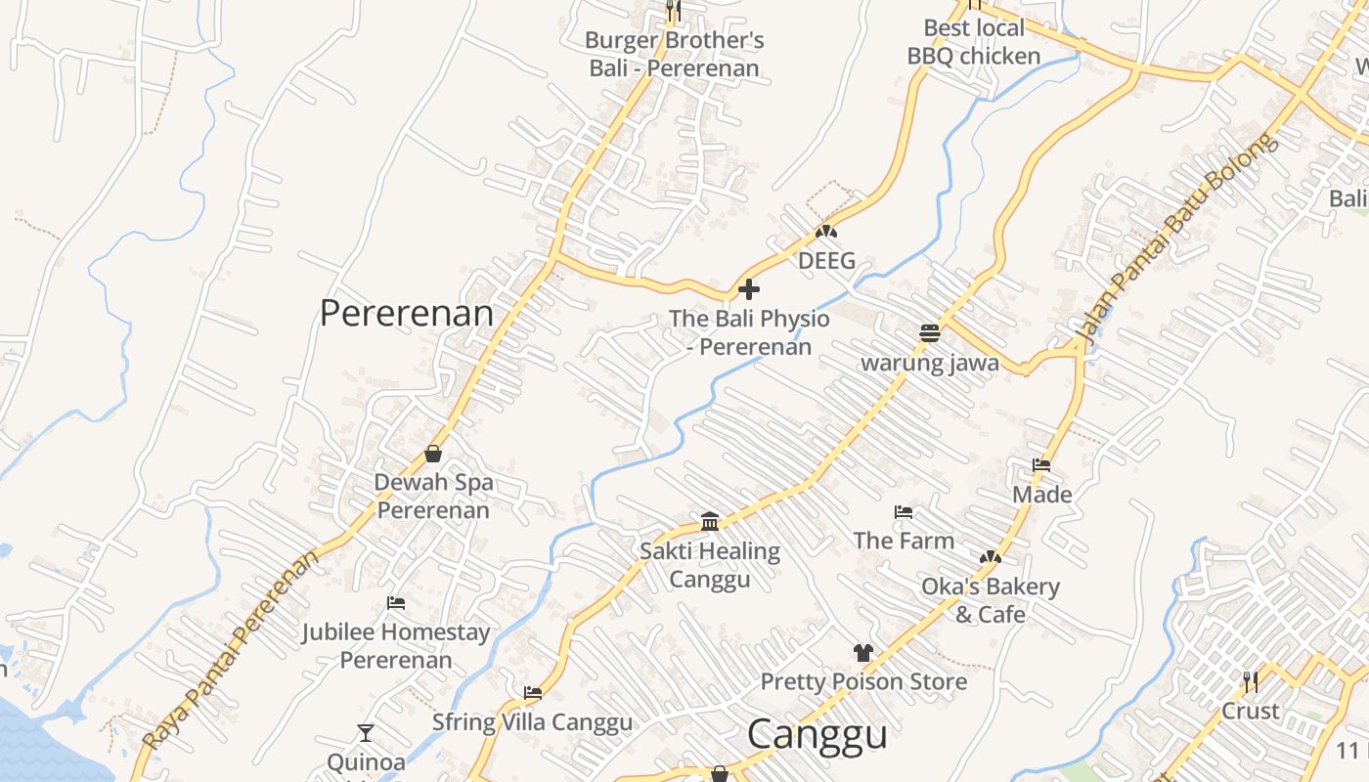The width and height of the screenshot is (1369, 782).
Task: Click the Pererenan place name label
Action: pyautogui.click(x=407, y=314)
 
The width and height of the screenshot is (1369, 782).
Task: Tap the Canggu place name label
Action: pyautogui.click(x=817, y=735)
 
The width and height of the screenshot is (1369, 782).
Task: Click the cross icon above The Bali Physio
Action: pyautogui.click(x=749, y=289)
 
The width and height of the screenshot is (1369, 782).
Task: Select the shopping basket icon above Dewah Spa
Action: pyautogui.click(x=433, y=454)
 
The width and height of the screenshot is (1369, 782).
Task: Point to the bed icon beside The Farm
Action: pyautogui.click(x=904, y=512)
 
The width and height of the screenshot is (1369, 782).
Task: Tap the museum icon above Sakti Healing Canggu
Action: pyautogui.click(x=710, y=521)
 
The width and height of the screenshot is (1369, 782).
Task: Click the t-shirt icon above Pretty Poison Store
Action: pyautogui.click(x=862, y=652)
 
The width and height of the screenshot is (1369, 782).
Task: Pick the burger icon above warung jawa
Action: pyautogui.click(x=930, y=333)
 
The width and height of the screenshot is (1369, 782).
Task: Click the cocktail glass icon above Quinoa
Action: pyautogui.click(x=366, y=732)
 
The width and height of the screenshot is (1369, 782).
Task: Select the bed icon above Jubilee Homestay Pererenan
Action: pyautogui.click(x=396, y=603)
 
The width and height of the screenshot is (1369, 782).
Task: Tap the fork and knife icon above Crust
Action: pyautogui.click(x=1251, y=680)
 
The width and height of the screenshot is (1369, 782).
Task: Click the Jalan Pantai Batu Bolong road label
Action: pyautogui.click(x=1177, y=239)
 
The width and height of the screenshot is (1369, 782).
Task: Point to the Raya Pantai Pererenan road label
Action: pyautogui.click(x=231, y=650)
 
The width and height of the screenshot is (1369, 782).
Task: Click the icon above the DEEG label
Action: pyautogui.click(x=826, y=233)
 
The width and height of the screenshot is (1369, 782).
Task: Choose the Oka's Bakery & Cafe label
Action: pyautogui.click(x=991, y=600)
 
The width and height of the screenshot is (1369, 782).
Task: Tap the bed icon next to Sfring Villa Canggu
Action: pyautogui.click(x=533, y=693)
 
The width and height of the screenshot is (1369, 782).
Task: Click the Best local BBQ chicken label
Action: pyautogui.click(x=974, y=42)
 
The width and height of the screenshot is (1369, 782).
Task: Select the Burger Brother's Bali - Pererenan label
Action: pyautogui.click(x=675, y=55)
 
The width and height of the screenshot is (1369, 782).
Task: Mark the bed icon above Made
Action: pyautogui.click(x=1041, y=465)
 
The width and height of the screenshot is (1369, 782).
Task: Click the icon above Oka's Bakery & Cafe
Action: pyautogui.click(x=991, y=557)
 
